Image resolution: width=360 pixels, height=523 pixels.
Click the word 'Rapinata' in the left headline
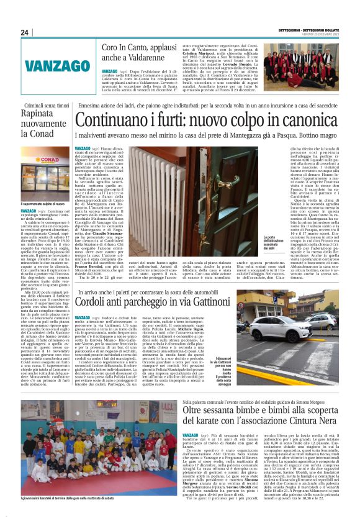(x=40, y=122)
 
